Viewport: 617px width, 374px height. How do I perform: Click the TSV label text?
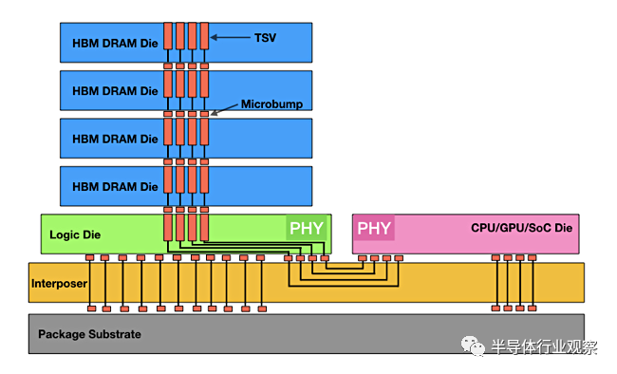pos(265,38)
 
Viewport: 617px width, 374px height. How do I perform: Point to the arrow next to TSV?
pos(231,37)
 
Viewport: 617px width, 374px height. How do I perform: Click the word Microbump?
pos(271,103)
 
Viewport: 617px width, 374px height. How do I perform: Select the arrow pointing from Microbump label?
pos(224,109)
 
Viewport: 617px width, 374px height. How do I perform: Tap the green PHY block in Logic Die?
pos(307,228)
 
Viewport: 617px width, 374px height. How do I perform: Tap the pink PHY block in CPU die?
pos(374,228)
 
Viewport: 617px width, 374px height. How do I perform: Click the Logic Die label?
pos(75,234)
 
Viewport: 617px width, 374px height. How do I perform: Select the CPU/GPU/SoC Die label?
pos(521,228)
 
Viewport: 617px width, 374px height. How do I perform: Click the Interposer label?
pos(59,284)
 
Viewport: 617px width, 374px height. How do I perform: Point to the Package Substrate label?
pos(89,334)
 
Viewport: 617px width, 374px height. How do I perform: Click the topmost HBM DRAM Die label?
pos(115,43)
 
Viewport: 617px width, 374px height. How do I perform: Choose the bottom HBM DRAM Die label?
pos(115,187)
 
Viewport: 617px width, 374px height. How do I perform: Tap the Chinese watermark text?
pos(544,346)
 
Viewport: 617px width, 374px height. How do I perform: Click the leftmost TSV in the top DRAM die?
pos(168,36)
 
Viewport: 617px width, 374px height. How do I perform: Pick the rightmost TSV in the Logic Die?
pos(204,228)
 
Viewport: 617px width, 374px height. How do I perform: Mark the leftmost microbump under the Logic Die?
pos(90,257)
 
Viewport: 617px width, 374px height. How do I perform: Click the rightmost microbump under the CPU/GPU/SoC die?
pos(532,258)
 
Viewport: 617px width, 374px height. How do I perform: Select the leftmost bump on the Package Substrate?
pos(92,309)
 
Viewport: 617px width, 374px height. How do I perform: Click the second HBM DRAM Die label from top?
pos(115,91)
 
